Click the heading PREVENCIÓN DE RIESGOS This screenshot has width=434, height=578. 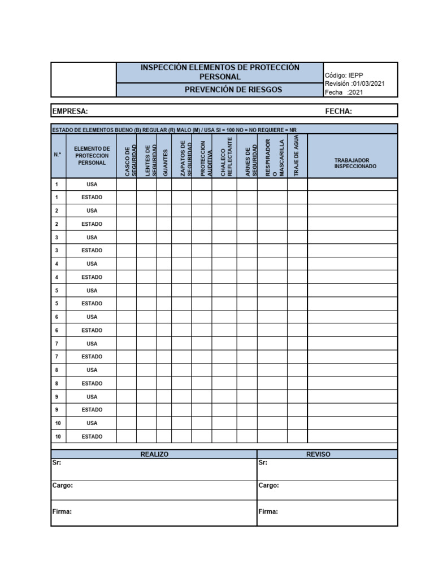(233, 90)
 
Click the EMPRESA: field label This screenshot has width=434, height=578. (70, 111)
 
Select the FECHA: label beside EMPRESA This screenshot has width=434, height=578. (338, 111)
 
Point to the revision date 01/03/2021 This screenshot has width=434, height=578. (368, 84)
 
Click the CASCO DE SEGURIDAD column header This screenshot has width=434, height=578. (130, 161)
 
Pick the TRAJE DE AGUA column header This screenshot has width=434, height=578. (297, 156)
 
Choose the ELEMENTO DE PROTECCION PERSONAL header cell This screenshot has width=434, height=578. (92, 156)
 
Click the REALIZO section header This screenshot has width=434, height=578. (154, 454)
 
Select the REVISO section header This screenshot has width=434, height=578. (318, 454)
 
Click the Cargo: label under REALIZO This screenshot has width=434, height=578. (63, 485)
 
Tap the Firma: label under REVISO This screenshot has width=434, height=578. (268, 512)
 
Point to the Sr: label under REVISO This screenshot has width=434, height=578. (263, 463)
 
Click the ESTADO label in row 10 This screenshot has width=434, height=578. (92, 436)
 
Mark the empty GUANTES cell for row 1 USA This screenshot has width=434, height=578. (164, 184)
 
